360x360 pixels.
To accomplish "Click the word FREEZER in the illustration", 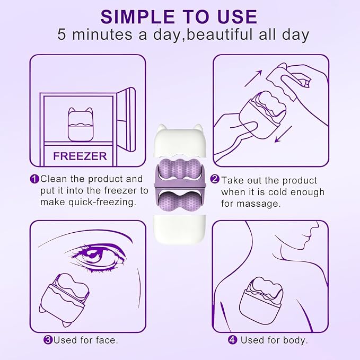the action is point(80,156).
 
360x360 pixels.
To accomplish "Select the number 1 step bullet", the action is point(34,179).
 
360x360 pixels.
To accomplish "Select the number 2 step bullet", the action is point(215,179).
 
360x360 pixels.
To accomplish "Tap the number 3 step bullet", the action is point(48,340).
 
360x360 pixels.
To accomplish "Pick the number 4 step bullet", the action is point(232,340).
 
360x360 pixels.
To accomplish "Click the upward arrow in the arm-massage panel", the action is point(253,78).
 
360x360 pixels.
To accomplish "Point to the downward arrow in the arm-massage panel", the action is point(283,134).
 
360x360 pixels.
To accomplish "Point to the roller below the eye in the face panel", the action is point(65,299).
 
